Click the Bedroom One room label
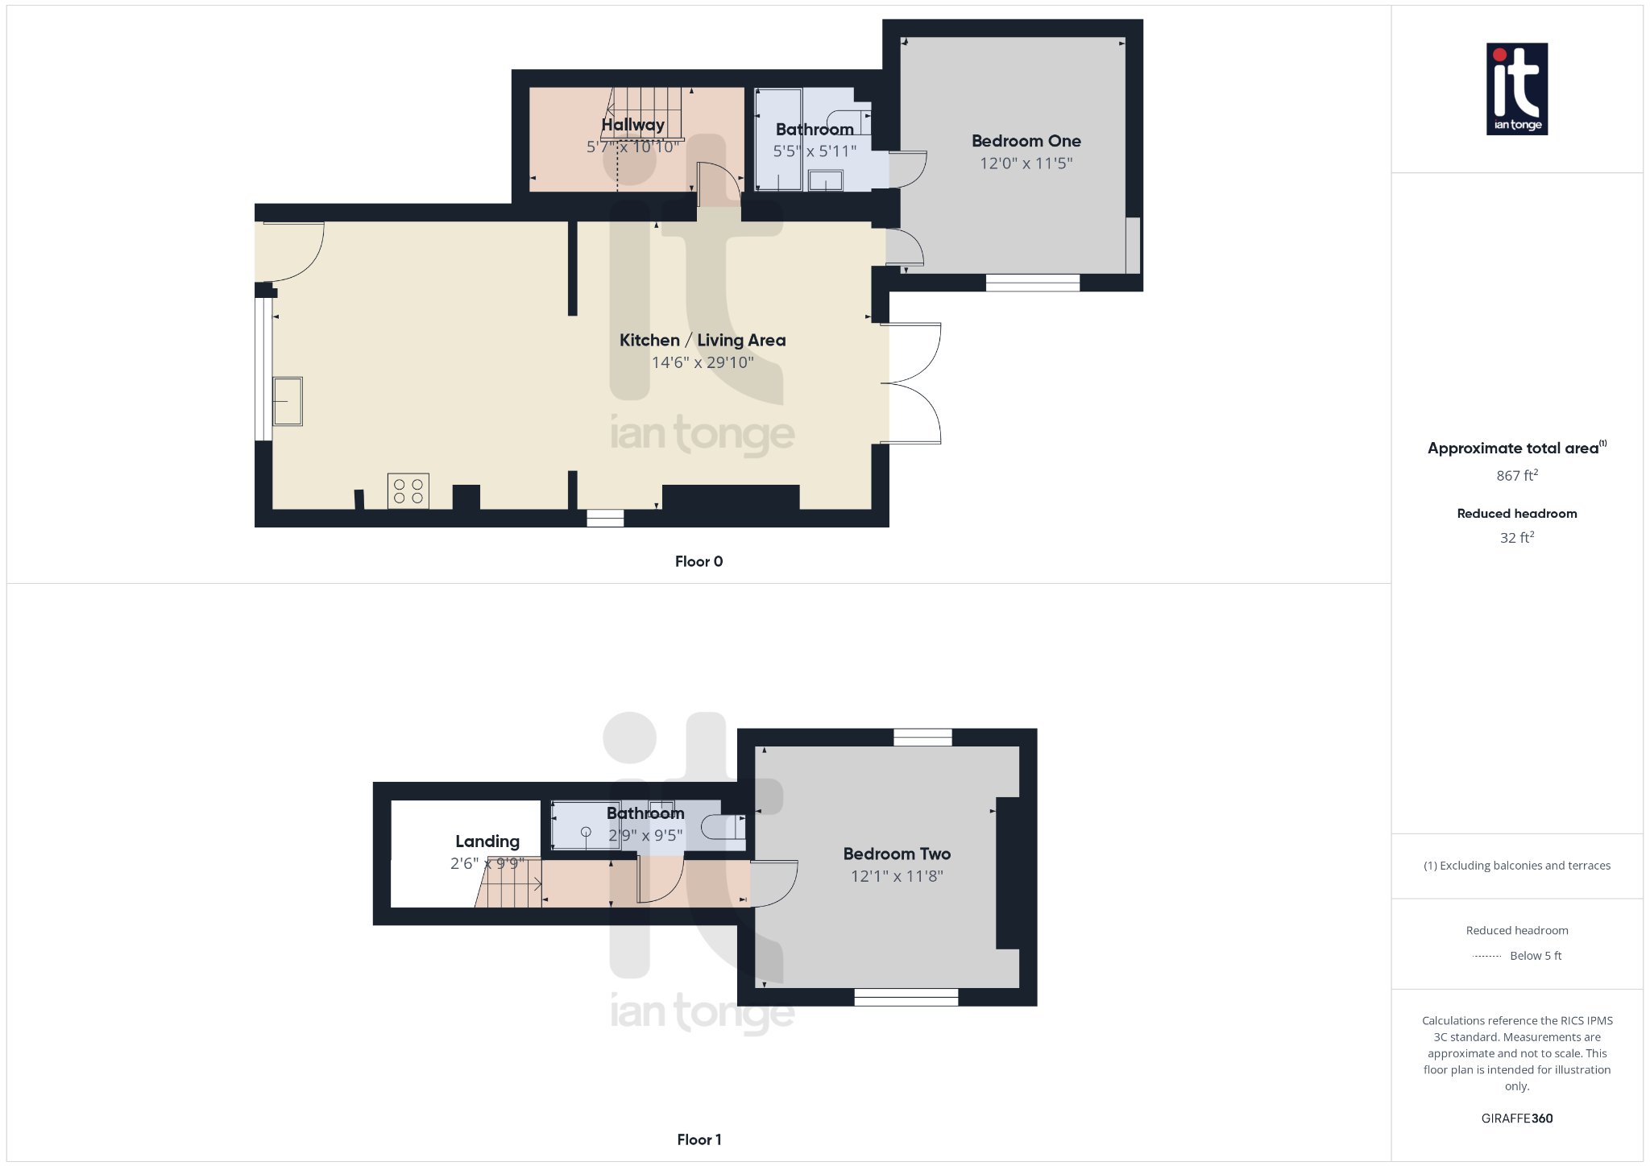1026,141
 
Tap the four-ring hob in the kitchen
408,491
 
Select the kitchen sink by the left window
288,401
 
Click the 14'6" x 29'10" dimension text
703,362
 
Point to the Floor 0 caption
699,561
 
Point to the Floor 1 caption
699,1139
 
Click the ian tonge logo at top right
1516,89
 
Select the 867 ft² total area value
1516,475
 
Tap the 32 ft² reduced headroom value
1516,537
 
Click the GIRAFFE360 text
1516,1118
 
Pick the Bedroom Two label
897,854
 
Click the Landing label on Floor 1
487,841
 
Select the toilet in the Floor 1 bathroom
722,827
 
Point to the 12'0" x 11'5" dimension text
1026,163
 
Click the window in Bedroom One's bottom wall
1032,283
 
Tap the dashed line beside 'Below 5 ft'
1486,956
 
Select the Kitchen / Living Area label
703,340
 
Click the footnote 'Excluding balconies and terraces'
1516,866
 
